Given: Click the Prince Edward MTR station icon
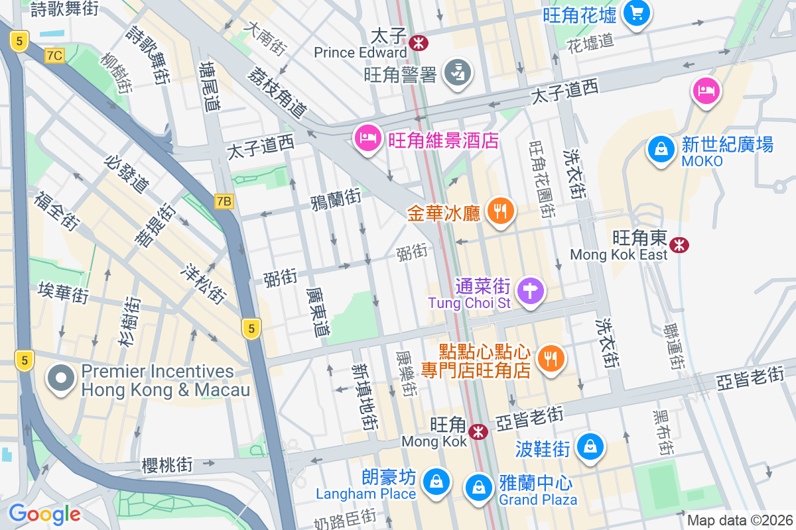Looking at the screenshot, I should click(x=419, y=43).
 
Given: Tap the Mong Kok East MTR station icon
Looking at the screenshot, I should click(x=679, y=246).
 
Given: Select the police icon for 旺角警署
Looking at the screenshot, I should click(x=458, y=71).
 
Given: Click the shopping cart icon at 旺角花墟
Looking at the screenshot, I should click(x=637, y=13).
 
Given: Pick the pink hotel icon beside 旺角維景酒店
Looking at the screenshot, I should click(x=367, y=138).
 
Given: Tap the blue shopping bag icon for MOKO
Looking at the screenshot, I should click(x=661, y=150).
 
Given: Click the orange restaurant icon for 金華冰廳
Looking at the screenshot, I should click(x=500, y=211).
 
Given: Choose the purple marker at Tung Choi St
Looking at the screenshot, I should click(x=530, y=291).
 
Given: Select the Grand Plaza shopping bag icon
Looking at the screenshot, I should click(x=478, y=488).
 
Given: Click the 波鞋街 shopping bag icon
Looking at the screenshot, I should click(x=590, y=447).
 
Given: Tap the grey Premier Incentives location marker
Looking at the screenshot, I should click(x=62, y=378).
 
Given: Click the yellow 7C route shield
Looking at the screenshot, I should click(x=54, y=56).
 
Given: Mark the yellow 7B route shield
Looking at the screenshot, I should click(x=224, y=201).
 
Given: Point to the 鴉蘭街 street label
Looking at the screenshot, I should click(x=336, y=198).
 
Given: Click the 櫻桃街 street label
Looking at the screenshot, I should click(x=167, y=465).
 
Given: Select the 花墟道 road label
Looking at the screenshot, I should click(x=590, y=42).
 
